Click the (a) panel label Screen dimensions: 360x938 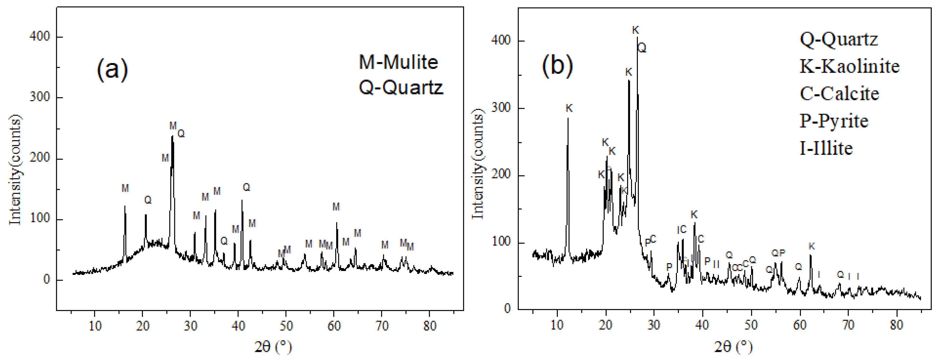click(112, 69)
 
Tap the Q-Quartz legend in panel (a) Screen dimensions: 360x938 click(401, 87)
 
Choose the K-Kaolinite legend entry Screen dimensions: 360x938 click(849, 66)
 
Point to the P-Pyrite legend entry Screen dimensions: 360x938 click(834, 121)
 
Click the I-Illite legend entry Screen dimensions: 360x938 click(826, 148)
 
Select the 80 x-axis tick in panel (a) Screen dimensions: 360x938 click(430, 326)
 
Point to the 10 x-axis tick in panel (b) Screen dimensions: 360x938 click(557, 325)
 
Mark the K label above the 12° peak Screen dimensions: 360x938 click(569, 108)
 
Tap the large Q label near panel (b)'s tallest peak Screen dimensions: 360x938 click(642, 48)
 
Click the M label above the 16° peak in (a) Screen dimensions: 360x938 click(125, 188)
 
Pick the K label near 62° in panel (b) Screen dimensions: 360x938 click(811, 246)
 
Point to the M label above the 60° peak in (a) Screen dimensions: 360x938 click(336, 207)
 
